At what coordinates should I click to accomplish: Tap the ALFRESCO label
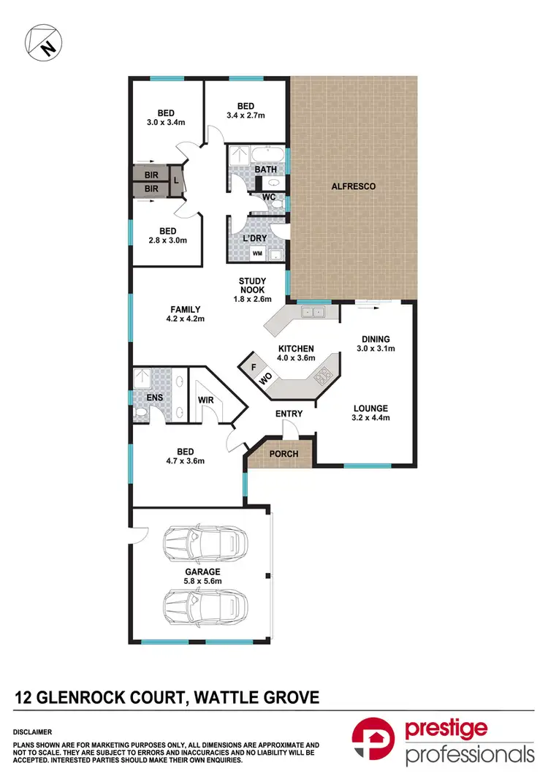(x=354, y=187)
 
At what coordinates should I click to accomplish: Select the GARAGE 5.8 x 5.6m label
(x=202, y=577)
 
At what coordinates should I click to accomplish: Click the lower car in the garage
(x=205, y=606)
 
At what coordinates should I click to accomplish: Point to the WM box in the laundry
(x=257, y=254)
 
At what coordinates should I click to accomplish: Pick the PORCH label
(x=284, y=454)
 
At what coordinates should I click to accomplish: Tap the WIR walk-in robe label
(x=205, y=401)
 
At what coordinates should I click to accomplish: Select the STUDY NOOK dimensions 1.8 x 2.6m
(x=252, y=299)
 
